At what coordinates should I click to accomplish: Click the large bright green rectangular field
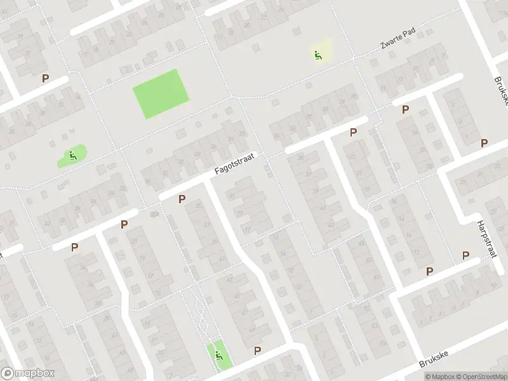(161, 94)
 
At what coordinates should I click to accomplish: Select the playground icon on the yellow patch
(317, 55)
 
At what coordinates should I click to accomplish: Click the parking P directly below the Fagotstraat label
(182, 199)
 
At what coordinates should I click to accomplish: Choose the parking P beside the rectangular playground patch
(257, 351)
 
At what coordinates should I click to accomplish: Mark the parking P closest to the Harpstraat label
(465, 255)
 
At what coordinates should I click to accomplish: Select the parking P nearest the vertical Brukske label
(484, 143)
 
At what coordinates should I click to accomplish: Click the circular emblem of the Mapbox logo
(8, 373)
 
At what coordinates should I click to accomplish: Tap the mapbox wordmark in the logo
(35, 373)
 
